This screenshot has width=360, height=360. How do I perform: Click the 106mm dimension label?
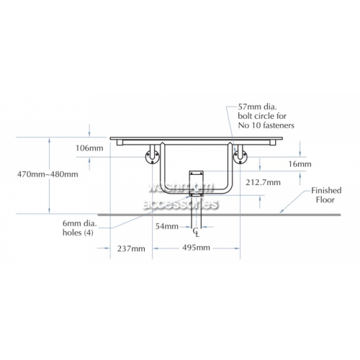tap(89, 148)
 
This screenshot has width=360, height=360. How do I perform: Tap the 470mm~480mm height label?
tap(48, 174)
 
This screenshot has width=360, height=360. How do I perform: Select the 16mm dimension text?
tap(300, 164)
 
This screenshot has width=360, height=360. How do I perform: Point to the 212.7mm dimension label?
tap(263, 182)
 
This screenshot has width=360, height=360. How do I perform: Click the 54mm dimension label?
tap(167, 226)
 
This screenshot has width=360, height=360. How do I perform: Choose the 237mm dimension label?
tap(131, 248)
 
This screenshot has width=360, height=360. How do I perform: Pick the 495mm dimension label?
tap(196, 248)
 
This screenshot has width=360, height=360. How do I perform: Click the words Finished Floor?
tap(326, 195)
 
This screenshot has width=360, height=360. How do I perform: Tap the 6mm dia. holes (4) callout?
tap(80, 228)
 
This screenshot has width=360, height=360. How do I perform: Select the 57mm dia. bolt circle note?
tap(266, 116)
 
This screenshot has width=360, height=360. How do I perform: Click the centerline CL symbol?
tap(196, 233)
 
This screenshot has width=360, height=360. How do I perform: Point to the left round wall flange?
tap(152, 157)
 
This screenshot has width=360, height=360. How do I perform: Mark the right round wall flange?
tap(240, 157)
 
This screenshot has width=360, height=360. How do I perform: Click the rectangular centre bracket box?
tap(196, 184)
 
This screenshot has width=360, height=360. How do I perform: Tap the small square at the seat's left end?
tap(120, 143)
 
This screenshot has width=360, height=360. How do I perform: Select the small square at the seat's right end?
tap(273, 143)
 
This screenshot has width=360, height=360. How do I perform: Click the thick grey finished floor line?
tap(219, 215)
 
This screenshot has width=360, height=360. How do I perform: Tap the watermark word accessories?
tap(181, 204)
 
